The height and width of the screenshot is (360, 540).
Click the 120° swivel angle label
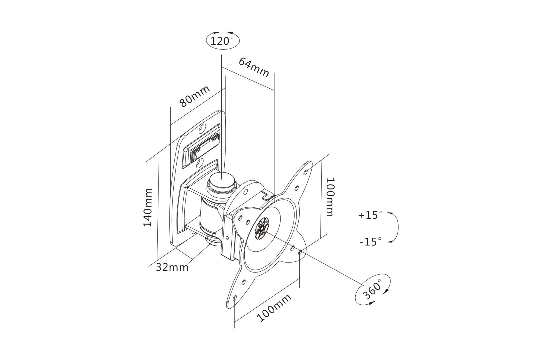point(223,41)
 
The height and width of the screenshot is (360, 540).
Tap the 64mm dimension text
point(254,67)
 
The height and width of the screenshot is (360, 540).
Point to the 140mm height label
point(148,207)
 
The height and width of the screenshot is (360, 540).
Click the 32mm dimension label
point(172,267)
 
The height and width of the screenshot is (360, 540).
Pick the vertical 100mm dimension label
point(330,197)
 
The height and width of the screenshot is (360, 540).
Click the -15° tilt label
point(370,241)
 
